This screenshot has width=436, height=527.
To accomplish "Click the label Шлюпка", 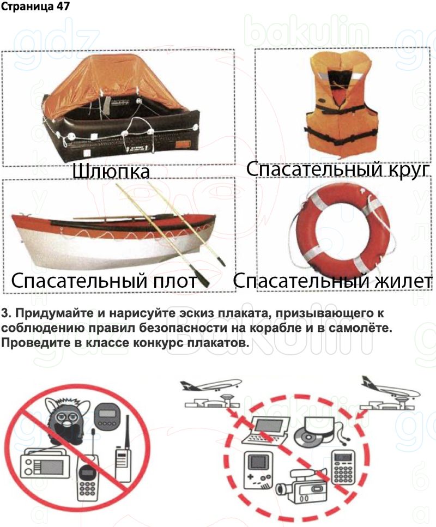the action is click(111, 172).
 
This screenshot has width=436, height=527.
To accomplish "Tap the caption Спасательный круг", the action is click(338, 169).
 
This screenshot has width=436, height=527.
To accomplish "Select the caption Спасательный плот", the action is click(104, 280).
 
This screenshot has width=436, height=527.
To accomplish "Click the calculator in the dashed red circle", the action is click(343, 467).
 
